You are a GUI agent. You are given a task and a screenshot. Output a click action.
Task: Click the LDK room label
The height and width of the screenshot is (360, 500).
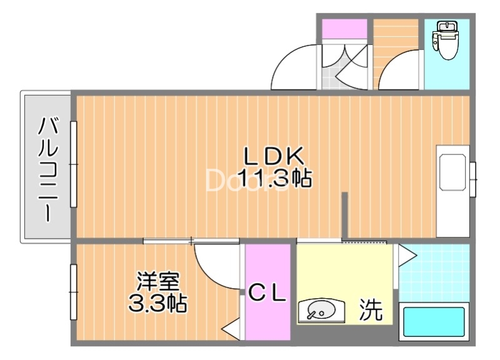coord(273,155)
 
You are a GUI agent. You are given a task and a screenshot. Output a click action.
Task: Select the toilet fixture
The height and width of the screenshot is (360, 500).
coord(447,41)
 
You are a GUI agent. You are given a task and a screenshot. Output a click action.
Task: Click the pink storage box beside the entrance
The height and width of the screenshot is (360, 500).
coord(344,29)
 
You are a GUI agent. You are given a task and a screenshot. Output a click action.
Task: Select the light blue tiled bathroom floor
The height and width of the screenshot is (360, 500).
coord(434,272)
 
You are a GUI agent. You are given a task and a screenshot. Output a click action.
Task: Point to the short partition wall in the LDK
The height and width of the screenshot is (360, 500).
coord(344,215)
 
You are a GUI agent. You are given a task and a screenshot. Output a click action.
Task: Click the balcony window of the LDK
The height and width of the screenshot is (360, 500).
coord(73,164)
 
